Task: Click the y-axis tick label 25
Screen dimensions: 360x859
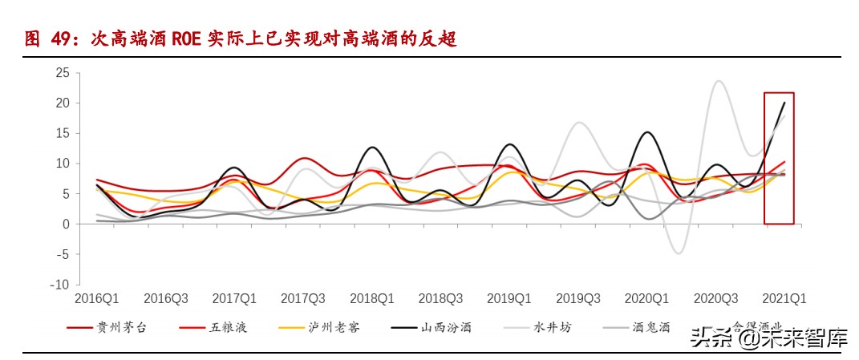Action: [63, 73]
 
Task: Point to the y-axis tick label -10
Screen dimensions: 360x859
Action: [59, 285]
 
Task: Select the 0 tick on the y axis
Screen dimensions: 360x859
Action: [66, 224]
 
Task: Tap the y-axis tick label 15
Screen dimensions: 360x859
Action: [63, 133]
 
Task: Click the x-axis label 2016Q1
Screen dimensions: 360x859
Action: [96, 298]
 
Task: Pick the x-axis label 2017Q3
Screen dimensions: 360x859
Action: [303, 298]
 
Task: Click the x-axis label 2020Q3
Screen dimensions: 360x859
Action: [715, 298]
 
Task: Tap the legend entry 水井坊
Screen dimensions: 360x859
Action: [553, 327]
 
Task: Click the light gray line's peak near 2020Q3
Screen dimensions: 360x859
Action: [718, 81]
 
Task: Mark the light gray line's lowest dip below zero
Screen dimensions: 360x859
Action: [679, 253]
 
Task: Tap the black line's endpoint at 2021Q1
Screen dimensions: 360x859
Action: [784, 102]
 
